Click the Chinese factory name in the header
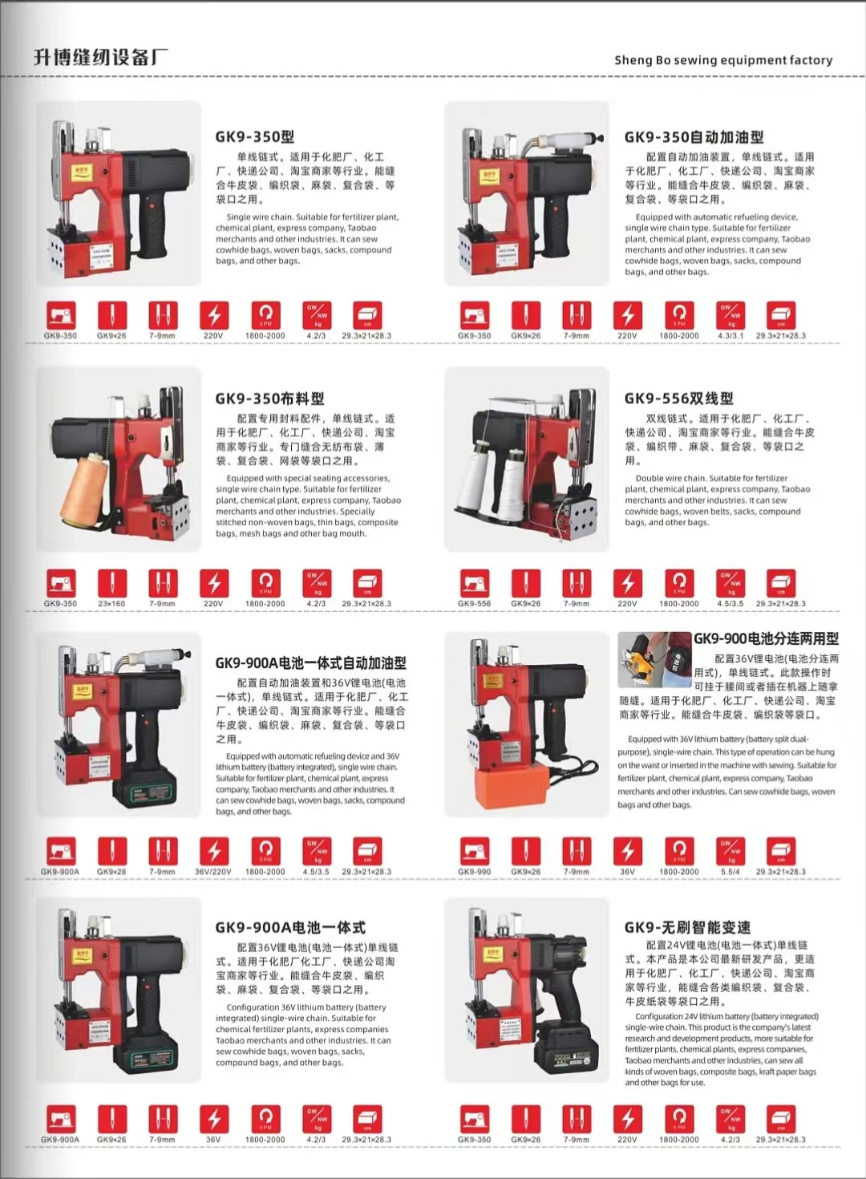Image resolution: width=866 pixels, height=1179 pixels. click(101, 57)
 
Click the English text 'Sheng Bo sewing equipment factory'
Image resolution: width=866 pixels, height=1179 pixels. click(722, 60)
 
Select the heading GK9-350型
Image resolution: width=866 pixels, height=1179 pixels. click(254, 136)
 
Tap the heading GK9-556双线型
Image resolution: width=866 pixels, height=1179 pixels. click(678, 398)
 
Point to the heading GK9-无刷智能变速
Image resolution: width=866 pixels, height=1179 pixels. click(687, 927)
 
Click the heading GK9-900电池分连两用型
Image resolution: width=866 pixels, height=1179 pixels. click(766, 638)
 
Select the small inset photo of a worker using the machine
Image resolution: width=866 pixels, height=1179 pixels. click(654, 660)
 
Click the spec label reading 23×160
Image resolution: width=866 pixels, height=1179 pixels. click(111, 604)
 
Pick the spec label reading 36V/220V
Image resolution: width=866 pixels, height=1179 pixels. click(212, 872)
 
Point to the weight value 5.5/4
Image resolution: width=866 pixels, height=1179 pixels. click(730, 872)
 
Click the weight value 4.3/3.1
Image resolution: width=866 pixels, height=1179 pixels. click(730, 336)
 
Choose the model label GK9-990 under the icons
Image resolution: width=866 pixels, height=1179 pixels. click(474, 872)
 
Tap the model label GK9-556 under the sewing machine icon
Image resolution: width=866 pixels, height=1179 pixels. click(474, 604)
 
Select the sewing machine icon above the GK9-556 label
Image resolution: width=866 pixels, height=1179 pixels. click(474, 583)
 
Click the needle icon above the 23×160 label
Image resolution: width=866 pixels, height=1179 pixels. click(112, 583)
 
